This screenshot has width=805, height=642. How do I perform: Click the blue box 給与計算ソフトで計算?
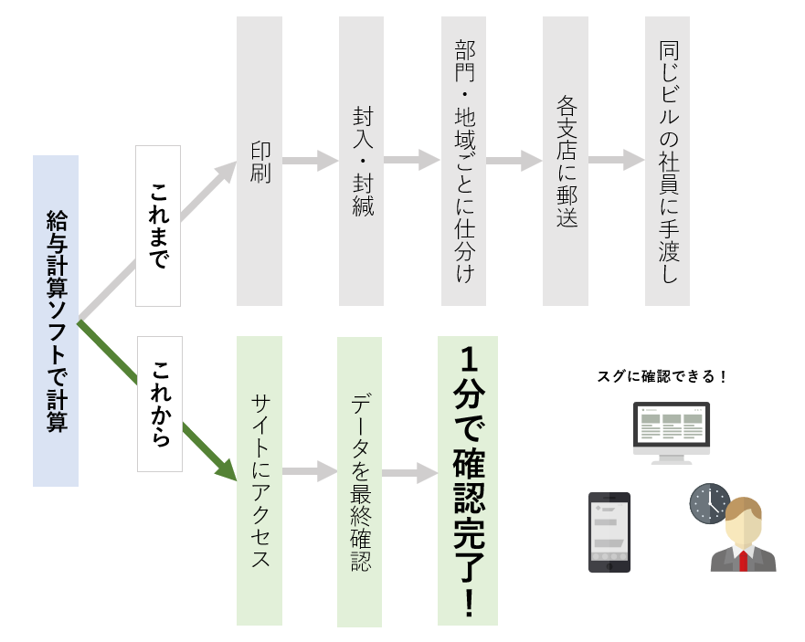click(x=56, y=321)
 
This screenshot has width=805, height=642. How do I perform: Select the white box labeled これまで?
click(x=158, y=226)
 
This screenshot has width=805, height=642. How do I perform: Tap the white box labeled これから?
click(x=160, y=404)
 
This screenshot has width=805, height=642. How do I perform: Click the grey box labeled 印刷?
click(x=260, y=161)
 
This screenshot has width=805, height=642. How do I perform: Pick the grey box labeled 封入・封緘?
click(x=361, y=161)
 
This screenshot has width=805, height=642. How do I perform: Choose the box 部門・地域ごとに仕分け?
click(x=463, y=161)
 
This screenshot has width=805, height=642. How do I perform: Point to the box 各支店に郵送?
click(x=565, y=161)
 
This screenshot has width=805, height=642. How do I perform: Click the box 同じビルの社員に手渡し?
click(x=667, y=161)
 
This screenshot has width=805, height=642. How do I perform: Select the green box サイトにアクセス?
click(x=260, y=480)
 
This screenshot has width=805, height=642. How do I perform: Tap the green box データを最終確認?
click(x=359, y=481)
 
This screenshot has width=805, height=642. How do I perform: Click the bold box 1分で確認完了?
click(x=468, y=480)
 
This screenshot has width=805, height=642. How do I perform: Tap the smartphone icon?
click(x=609, y=532)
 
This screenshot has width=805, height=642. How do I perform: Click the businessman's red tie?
click(x=743, y=560)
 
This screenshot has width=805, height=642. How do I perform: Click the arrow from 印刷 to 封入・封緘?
click(x=310, y=161)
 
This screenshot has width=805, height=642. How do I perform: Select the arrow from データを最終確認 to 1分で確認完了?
click(x=409, y=473)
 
